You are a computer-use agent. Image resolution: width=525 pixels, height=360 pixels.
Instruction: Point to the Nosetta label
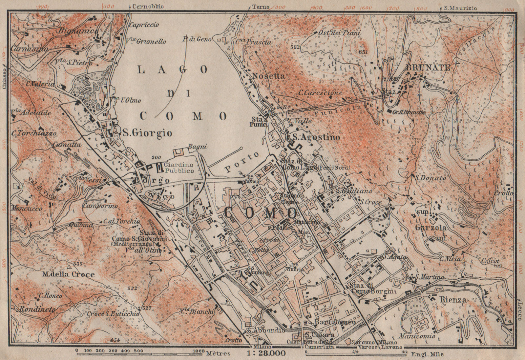(268, 76)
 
